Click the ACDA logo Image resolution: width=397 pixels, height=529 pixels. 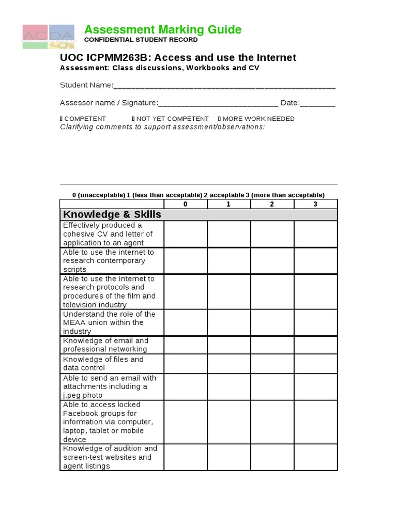pos(48,37)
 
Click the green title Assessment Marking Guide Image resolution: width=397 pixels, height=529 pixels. pos(163,30)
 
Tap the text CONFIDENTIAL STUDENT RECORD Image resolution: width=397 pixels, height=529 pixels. pos(141,40)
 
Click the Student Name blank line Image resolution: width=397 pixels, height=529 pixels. pos(224,86)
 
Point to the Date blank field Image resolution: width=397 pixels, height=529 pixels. pos(317,103)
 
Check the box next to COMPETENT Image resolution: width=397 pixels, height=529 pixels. pos(62,119)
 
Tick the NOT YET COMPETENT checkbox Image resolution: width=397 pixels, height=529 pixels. pos(133,119)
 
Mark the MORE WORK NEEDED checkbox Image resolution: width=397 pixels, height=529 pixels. pos(220,119)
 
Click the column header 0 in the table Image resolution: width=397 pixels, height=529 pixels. pos(186,204)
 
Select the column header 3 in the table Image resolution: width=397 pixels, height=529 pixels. pos(315,204)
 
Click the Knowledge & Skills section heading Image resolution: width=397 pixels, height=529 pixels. pos(112,214)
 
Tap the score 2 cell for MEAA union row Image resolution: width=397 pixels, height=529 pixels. pos(272,322)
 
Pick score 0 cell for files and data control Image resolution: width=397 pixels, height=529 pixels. pos(186,364)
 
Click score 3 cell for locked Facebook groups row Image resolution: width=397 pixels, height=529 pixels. pos(315,422)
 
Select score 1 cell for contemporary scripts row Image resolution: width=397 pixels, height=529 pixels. pos(229,261)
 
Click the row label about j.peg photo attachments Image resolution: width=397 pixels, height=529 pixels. pos(110,386)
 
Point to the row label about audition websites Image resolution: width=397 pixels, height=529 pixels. pos(110,457)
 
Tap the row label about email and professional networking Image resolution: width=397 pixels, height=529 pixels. pos(105,345)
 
